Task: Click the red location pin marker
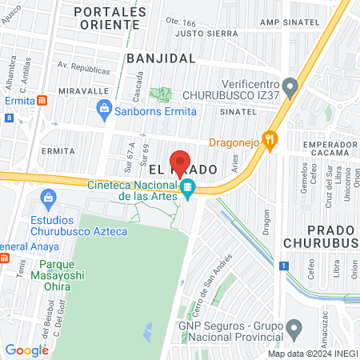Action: point(181,163)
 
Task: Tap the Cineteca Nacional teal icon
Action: point(187,190)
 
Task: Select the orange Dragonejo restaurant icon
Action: point(271,139)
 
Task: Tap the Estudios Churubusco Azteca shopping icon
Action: point(47,197)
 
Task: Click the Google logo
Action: point(26,350)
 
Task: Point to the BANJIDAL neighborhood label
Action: point(161,58)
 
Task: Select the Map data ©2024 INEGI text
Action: point(312,354)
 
